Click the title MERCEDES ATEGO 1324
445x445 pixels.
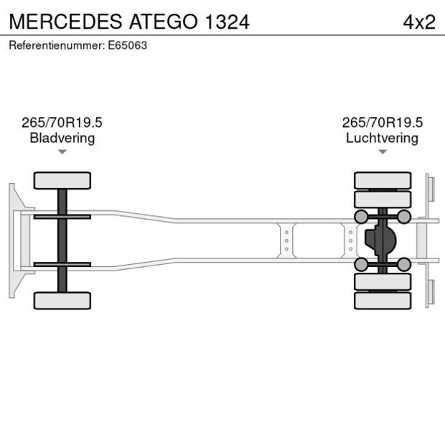[x=129, y=22]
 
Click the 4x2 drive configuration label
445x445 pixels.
[x=419, y=22]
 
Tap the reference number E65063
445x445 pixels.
[x=78, y=45]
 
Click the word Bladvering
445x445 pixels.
[x=62, y=138]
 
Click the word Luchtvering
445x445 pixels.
[x=382, y=138]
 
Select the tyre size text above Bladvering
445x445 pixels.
[x=62, y=123]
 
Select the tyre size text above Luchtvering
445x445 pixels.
[x=382, y=123]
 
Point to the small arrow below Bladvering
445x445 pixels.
[x=62, y=151]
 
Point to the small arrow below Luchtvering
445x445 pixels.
[x=383, y=151]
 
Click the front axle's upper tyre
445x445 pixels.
[x=62, y=180]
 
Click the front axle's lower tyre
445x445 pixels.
[x=62, y=300]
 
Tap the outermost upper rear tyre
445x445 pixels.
[x=383, y=179]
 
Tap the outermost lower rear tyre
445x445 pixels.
[x=383, y=301]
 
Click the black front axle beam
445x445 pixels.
[x=62, y=240]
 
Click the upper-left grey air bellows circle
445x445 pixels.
[x=361, y=217]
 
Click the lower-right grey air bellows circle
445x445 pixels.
[x=404, y=265]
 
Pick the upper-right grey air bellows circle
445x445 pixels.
[x=404, y=217]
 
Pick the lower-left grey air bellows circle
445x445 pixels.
[x=361, y=265]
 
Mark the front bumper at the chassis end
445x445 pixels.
[x=12, y=240]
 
